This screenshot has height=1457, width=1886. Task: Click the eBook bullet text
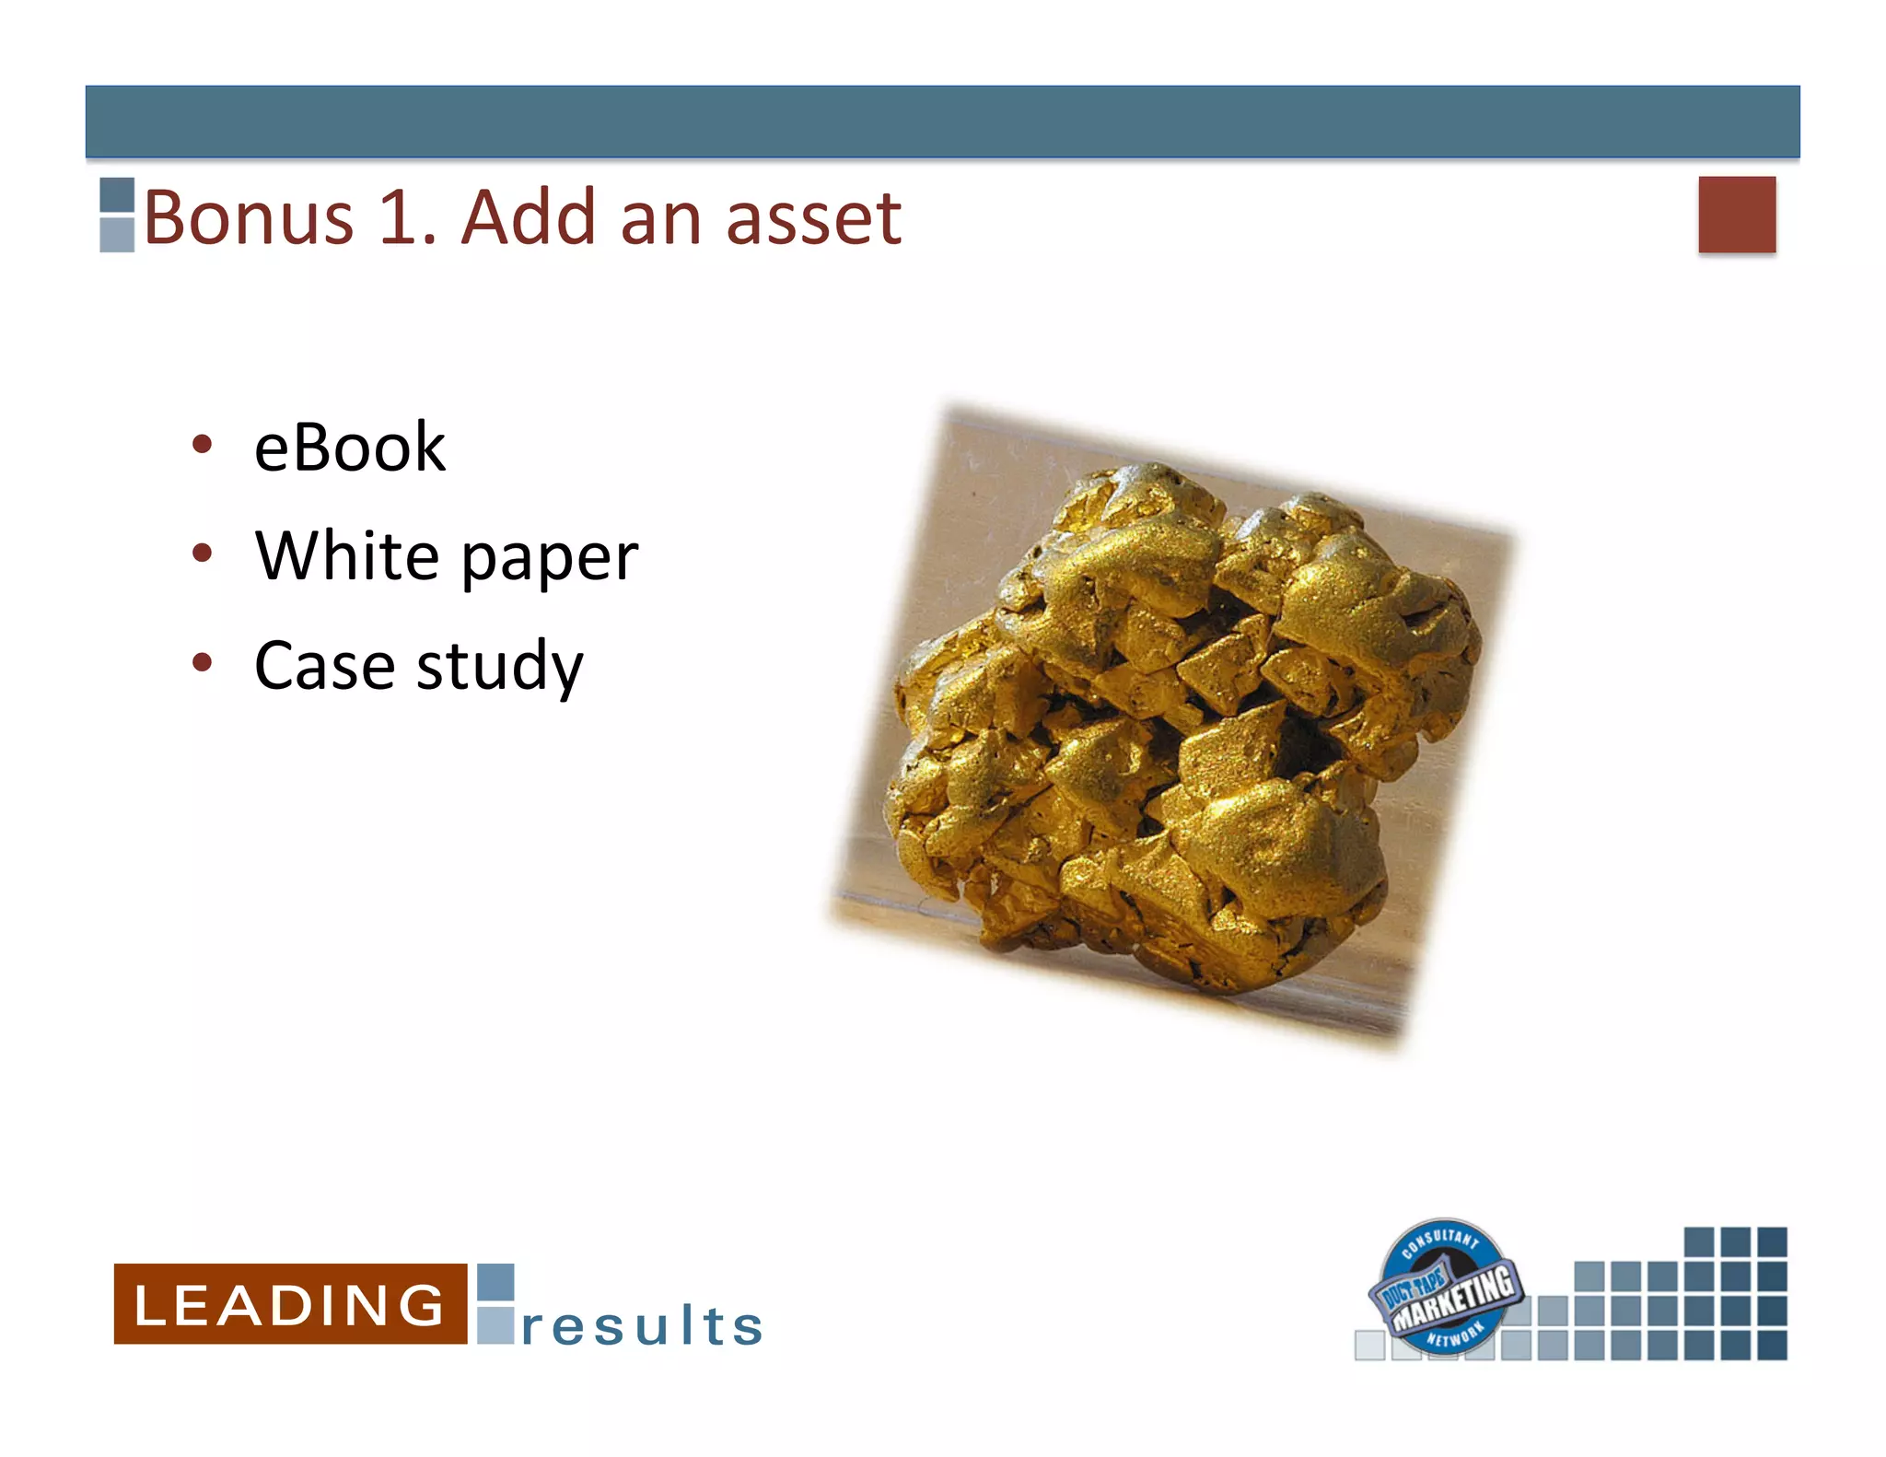[349, 448]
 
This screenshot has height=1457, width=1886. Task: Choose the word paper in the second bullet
[549, 560]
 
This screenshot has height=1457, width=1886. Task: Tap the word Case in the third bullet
[324, 665]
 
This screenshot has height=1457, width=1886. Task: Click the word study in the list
[499, 667]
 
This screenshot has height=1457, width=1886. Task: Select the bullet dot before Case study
[203, 662]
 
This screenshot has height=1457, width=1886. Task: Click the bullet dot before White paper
[203, 554]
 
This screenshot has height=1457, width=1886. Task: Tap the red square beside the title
[1737, 214]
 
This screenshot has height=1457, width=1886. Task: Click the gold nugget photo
[1179, 728]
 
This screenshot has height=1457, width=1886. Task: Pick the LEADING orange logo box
[290, 1303]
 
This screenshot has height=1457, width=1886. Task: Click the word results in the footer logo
[642, 1325]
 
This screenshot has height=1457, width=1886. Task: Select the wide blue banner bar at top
[942, 122]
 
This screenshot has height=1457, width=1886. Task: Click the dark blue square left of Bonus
[117, 195]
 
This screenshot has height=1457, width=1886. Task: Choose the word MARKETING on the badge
[1452, 1298]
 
